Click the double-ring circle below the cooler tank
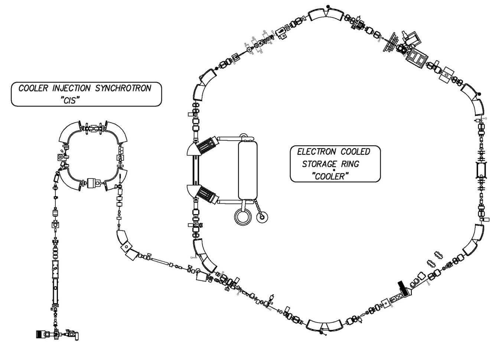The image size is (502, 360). (x=242, y=216)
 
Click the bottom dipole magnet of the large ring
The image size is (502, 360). (x=325, y=325)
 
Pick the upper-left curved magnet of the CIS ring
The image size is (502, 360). (x=71, y=133)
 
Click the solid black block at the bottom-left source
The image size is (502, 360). (x=40, y=334)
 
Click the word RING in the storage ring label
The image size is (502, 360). (x=351, y=164)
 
